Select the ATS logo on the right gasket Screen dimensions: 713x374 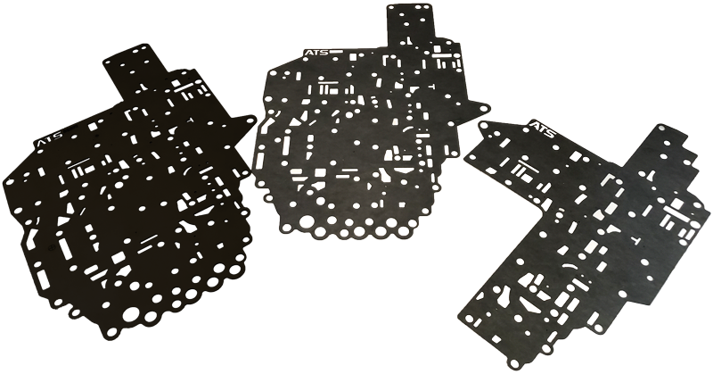coord(542,129)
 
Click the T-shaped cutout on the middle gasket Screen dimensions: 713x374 coord(430,86)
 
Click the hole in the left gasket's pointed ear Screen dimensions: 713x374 coord(250,121)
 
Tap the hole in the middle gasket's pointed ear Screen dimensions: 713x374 coord(483,108)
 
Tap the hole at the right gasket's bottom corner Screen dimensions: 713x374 coord(514,364)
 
